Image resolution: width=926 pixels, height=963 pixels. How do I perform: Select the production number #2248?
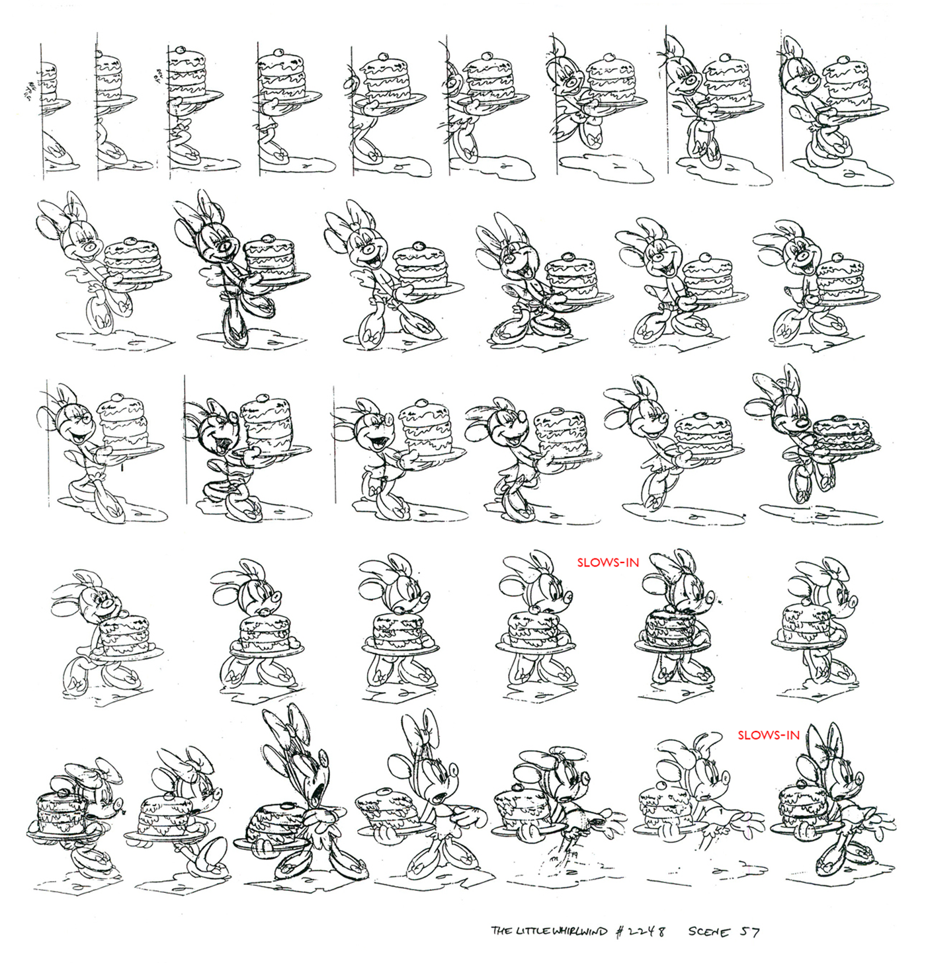click(638, 931)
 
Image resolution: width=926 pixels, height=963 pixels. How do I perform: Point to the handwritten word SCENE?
click(709, 931)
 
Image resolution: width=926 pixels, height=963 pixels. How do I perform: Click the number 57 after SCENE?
click(750, 931)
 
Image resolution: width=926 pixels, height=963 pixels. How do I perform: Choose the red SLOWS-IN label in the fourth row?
click(608, 563)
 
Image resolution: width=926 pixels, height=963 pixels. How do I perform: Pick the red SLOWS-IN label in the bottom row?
click(769, 734)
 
